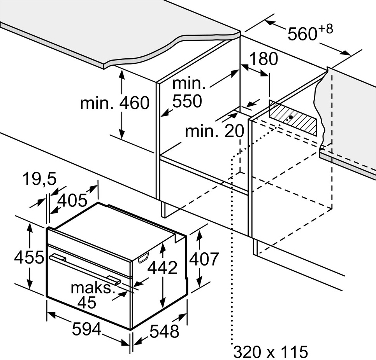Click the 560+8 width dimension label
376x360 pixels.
pyautogui.click(x=310, y=33)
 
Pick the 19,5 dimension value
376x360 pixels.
pyautogui.click(x=40, y=179)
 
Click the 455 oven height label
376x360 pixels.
pyautogui.click(x=29, y=257)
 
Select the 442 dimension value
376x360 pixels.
pyautogui.click(x=162, y=267)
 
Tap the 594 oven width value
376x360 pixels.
pyautogui.click(x=87, y=329)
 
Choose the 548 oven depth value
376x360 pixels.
pyautogui.click(x=164, y=331)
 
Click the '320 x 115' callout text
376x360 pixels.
pyautogui.click(x=271, y=352)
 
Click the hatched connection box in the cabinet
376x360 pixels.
pyautogui.click(x=293, y=117)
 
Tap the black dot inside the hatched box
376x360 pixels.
pyautogui.click(x=291, y=117)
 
